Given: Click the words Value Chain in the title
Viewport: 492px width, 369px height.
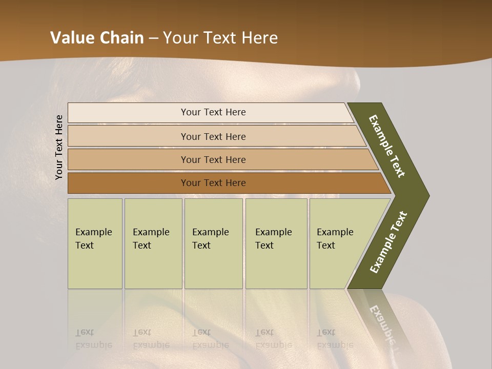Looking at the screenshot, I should pyautogui.click(x=97, y=38).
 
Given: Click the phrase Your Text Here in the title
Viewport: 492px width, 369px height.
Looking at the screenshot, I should pyautogui.click(x=220, y=38).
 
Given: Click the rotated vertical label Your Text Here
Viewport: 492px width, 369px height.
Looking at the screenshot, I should pyautogui.click(x=59, y=148).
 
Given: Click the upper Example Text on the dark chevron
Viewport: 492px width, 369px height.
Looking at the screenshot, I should pyautogui.click(x=387, y=146).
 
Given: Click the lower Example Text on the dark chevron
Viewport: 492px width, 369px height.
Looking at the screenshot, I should pyautogui.click(x=388, y=242).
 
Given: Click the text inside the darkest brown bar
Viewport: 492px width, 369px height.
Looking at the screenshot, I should pyautogui.click(x=213, y=183).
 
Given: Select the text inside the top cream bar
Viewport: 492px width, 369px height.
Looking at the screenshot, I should pyautogui.click(x=213, y=112).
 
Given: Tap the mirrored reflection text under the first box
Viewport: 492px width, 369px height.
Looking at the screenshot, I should pyautogui.click(x=93, y=338).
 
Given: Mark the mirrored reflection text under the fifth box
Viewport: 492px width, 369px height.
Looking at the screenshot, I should pyautogui.click(x=335, y=338).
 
